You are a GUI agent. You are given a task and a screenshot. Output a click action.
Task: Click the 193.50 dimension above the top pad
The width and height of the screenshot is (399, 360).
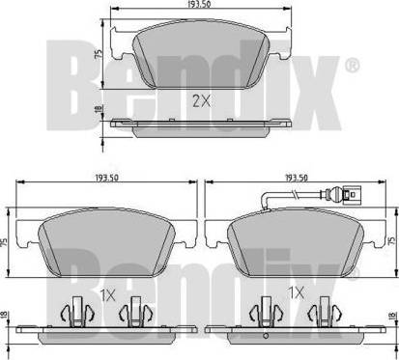coord(201,4)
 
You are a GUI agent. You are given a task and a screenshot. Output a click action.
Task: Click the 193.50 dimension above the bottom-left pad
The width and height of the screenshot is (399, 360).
coord(107,178)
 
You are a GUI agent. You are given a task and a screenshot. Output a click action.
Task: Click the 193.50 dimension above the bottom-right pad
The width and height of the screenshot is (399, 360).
coord(297,178)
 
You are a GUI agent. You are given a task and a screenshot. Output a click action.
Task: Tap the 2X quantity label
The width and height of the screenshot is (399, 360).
coord(202,101)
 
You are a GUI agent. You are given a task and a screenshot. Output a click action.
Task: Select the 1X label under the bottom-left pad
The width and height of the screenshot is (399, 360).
coord(108,294)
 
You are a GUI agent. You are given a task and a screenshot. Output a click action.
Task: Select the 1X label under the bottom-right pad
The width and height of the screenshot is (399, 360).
coord(296,292)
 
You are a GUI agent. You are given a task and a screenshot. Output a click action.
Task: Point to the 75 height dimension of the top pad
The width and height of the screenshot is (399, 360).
coord(100,54)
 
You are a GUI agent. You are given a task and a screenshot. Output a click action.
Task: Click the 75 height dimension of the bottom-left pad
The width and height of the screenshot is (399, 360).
coord(4,242)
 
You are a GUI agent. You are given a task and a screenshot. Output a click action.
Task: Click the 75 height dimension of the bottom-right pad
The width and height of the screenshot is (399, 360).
coord(391,240)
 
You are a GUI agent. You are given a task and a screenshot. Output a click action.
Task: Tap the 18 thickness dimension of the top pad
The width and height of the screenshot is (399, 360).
coord(100,108)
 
